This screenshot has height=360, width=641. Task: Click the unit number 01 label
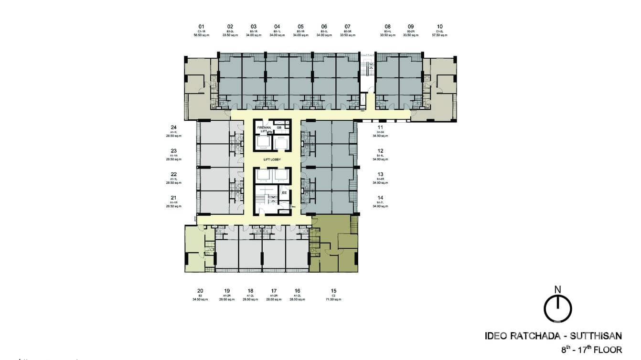202,26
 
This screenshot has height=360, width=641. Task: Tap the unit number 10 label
439,26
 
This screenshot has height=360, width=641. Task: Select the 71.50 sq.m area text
334,299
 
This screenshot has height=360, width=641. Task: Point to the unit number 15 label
334,290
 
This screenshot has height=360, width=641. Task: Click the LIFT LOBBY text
272,159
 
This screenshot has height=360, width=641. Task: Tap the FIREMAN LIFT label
264,129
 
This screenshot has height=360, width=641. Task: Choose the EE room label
284,192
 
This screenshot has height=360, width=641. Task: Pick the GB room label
279,127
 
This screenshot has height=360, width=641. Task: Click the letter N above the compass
557,289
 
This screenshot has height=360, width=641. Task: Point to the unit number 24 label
174,127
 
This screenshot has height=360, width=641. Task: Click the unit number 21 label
174,198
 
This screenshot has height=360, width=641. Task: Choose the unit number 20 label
201,290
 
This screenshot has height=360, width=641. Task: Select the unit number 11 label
381,127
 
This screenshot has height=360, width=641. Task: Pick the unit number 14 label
381,198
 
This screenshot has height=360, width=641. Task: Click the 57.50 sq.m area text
439,35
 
